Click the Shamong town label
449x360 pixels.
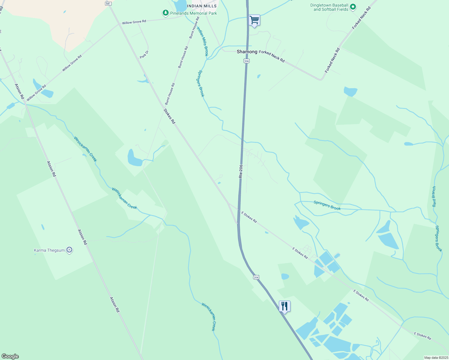tap(247, 52)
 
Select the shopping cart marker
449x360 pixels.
tap(255, 20)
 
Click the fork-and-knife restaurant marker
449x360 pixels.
tap(285, 306)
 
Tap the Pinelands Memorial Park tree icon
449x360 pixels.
tap(165, 13)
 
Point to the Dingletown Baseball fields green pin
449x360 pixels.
tap(353, 7)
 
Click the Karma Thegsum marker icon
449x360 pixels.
tap(69, 250)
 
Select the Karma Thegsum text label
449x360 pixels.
tap(49, 250)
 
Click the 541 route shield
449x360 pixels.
tap(109, 3)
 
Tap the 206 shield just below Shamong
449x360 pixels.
tap(246, 61)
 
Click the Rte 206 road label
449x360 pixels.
tap(241, 171)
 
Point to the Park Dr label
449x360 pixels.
tap(144, 54)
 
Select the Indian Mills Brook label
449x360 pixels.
tap(202, 41)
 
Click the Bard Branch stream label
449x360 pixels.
tap(434, 196)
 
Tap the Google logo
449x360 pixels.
tap(10, 356)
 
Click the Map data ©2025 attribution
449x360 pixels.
tap(436, 358)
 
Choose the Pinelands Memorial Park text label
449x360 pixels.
tap(193, 13)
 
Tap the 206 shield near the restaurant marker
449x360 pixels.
tap(256, 277)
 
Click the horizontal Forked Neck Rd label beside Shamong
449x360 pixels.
tap(272, 56)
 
